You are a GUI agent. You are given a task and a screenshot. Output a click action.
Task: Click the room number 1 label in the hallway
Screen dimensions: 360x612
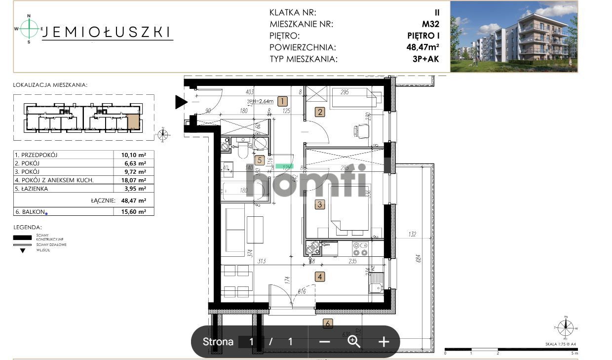coord(282,102)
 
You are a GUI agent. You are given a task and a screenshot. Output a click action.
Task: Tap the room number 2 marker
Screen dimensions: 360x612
coord(320,112)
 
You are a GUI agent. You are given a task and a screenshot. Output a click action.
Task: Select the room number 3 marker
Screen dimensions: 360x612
coord(320,204)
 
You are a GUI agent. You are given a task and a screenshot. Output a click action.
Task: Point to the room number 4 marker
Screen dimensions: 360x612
coord(320,277)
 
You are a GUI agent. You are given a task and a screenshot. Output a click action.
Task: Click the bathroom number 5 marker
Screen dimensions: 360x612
coord(260,160)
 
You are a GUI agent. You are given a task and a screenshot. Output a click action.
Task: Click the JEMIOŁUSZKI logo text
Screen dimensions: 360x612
coord(107,32)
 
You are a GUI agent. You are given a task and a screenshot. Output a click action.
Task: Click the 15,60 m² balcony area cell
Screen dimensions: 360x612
coord(134,211)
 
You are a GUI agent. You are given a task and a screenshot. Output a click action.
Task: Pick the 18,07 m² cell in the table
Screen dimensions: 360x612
coord(134,180)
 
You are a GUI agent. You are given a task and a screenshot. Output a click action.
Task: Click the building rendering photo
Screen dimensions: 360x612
coord(513,37)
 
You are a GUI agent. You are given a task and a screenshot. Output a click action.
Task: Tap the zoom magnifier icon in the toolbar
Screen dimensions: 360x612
coord(354,341)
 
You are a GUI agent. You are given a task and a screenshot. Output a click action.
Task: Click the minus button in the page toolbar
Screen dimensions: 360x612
coord(324,341)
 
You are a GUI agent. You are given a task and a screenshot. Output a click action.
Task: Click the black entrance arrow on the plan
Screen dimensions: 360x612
coord(181,102)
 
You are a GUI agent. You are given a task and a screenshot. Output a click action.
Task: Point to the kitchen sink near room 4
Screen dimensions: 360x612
coord(376,284)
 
